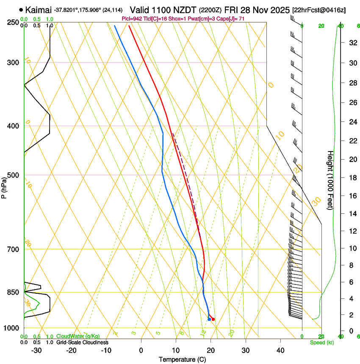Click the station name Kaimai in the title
click(x=39, y=9)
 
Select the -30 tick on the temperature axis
click(x=36, y=350)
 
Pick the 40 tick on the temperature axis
click(x=280, y=350)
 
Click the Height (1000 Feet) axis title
click(x=331, y=180)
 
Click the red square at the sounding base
click(x=213, y=319)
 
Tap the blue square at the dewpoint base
click(x=209, y=319)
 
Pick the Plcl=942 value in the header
click(x=132, y=19)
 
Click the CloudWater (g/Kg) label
click(x=78, y=336)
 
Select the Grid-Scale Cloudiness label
click(x=82, y=342)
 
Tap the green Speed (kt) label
click(x=321, y=342)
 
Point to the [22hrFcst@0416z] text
click(x=318, y=10)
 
